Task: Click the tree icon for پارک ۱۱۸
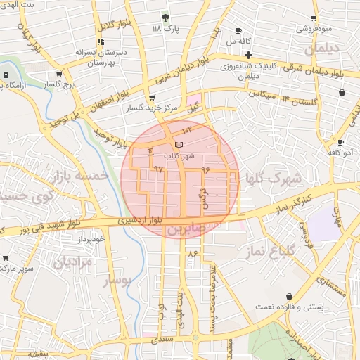[x=165, y=17]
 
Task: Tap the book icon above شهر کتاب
[x=179, y=144]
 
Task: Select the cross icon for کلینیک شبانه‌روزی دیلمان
[x=249, y=54]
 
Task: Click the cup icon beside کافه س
[x=239, y=31]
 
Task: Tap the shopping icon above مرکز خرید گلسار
[x=152, y=98]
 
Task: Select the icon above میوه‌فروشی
[x=314, y=18]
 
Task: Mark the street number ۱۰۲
[x=186, y=131]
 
